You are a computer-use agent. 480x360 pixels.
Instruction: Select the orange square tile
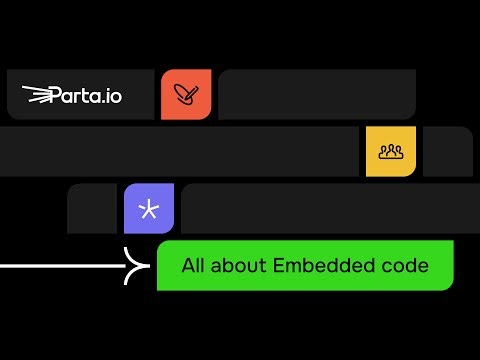[x=186, y=94]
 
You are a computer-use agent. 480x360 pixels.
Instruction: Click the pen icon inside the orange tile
[x=186, y=95]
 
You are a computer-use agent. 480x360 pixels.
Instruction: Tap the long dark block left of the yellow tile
[x=180, y=151]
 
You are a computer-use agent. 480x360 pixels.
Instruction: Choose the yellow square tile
[x=391, y=151]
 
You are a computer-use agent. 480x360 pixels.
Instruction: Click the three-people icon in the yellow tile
[x=391, y=152]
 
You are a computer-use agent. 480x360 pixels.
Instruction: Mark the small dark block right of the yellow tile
[x=448, y=151]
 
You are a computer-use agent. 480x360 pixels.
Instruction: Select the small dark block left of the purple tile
[x=92, y=208]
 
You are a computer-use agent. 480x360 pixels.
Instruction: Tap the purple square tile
[x=149, y=208]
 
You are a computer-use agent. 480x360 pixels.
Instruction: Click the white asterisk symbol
[x=149, y=209]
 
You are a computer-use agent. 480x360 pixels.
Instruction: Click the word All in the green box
[x=193, y=266]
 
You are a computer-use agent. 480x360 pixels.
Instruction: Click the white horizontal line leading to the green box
[x=60, y=266]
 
